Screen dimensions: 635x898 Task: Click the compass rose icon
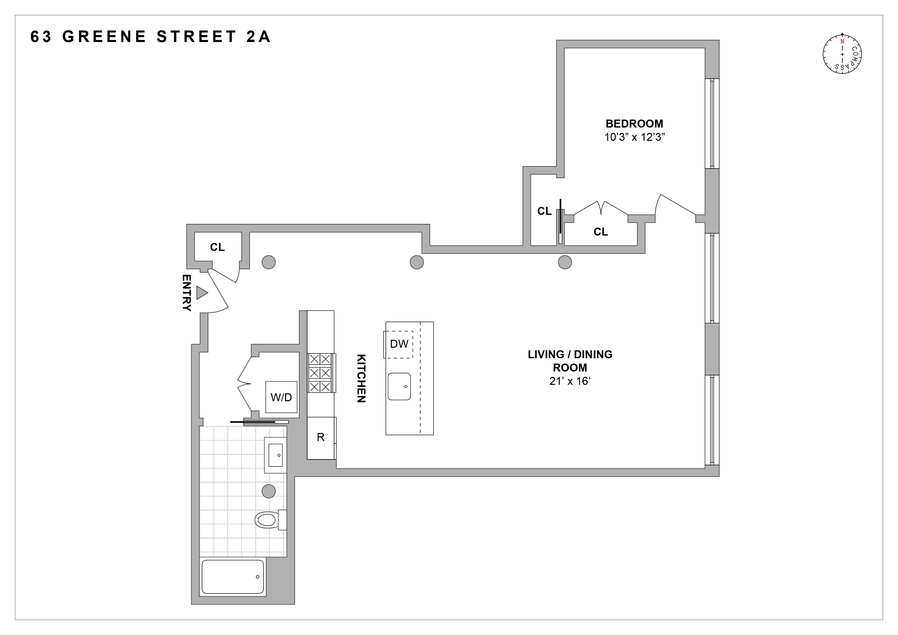(842, 54)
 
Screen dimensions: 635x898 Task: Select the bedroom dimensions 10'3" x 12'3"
(634, 137)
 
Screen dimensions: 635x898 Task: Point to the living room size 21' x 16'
(570, 381)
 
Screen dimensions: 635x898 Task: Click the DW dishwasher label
(399, 344)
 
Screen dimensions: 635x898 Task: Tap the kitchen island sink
(399, 386)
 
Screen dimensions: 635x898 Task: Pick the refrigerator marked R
(321, 437)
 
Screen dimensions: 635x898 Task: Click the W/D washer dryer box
(281, 397)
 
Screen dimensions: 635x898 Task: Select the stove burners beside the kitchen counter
(320, 373)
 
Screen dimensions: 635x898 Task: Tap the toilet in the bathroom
(269, 520)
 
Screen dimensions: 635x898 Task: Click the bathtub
(233, 577)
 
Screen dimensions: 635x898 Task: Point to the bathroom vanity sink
(275, 455)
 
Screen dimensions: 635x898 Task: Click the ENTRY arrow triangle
(201, 293)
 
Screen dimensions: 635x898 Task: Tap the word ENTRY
(186, 293)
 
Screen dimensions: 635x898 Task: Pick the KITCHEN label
(361, 378)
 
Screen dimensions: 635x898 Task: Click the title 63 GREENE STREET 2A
(151, 37)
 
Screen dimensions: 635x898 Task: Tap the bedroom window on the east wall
(712, 123)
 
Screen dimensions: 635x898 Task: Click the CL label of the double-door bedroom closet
(600, 232)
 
